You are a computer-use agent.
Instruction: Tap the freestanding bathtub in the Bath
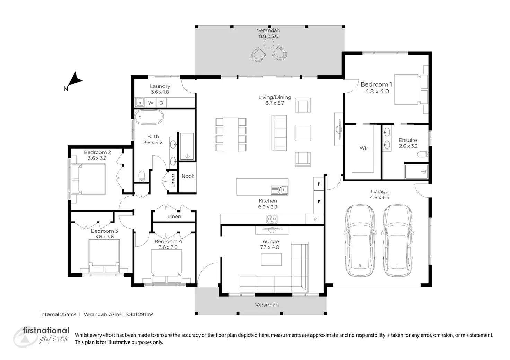coord(149,117)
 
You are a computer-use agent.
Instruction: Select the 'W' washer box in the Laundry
coord(151,103)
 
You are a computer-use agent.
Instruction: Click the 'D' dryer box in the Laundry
coord(161,103)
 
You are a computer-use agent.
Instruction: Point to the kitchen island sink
coord(279,190)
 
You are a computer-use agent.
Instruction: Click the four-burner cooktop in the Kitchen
coord(272,219)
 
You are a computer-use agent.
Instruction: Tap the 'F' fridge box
coord(319,184)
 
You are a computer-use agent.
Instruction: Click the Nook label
coord(188,176)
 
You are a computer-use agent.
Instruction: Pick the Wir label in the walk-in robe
coord(363,148)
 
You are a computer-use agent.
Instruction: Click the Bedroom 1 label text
coord(376,84)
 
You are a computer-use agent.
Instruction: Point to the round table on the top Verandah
coord(269,44)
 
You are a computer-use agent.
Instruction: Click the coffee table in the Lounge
coord(271,259)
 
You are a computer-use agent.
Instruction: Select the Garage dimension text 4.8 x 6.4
coord(380,198)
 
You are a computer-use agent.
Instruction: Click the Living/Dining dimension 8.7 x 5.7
coord(274,103)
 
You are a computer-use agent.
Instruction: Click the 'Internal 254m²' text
coord(58,314)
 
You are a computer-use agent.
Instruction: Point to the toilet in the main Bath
coord(141,176)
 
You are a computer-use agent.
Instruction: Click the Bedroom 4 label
coord(168,241)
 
